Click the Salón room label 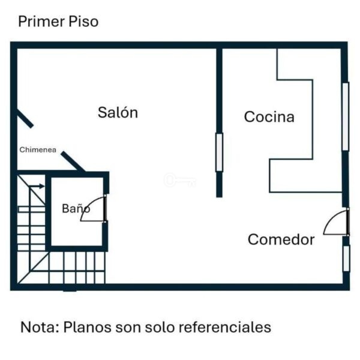tap(118, 113)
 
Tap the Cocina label tap(269, 117)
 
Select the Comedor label tap(281, 240)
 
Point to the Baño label tap(76, 209)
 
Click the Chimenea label tap(38, 150)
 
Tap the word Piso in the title tap(83, 22)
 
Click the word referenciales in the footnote tap(230, 328)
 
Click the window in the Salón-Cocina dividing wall tap(219, 152)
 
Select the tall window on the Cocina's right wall tap(345, 116)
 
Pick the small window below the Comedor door tap(346, 258)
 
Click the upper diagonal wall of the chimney tap(25, 118)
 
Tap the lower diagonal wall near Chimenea tap(73, 161)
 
